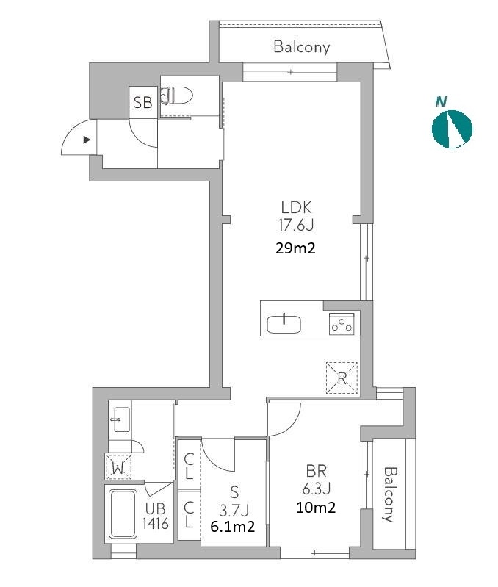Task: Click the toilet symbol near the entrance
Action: [x=176, y=95]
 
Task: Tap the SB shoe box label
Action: [x=143, y=102]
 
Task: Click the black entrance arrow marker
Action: [x=87, y=140]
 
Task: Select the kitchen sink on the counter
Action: [x=284, y=324]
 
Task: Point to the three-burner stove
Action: [x=342, y=324]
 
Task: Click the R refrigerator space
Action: [x=342, y=378]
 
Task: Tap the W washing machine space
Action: [x=118, y=467]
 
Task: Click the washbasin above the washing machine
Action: [x=120, y=419]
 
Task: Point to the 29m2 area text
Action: [x=295, y=248]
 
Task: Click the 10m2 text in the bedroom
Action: [x=316, y=508]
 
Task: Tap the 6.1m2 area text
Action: [x=233, y=527]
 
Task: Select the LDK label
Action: [x=296, y=206]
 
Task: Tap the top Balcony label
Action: [x=302, y=47]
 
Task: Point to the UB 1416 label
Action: [x=155, y=516]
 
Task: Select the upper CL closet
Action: [x=189, y=466]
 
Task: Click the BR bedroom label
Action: [x=316, y=470]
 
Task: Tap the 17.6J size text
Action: [x=295, y=225]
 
